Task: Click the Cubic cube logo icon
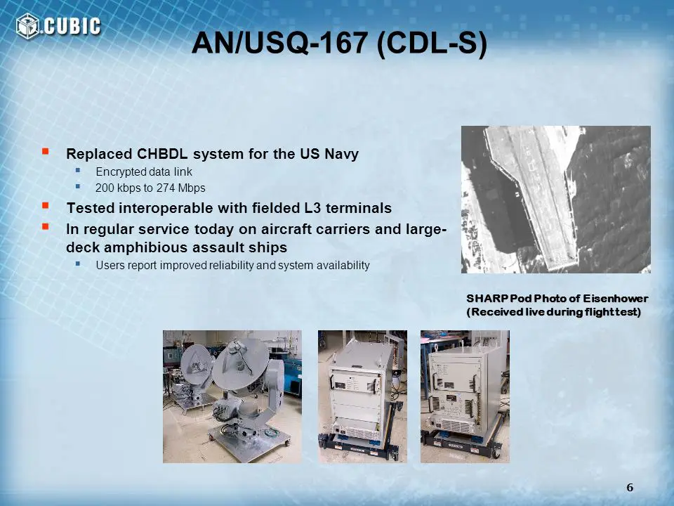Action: (x=27, y=26)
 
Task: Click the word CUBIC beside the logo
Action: (x=72, y=26)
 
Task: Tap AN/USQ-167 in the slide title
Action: (x=279, y=43)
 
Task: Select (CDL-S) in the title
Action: (x=432, y=44)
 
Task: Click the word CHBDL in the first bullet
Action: (x=162, y=154)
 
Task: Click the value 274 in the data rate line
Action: (x=164, y=188)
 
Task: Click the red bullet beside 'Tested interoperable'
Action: (x=45, y=205)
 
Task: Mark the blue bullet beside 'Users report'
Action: (x=78, y=263)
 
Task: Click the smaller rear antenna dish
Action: (x=196, y=364)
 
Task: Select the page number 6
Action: (x=630, y=488)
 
